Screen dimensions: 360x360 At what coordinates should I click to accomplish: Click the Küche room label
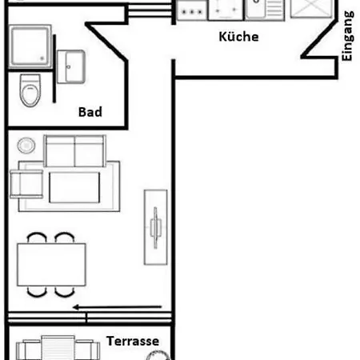pos(238,37)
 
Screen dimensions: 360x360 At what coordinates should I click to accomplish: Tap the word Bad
pos(90,112)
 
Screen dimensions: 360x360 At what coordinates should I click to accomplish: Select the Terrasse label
pos(133,341)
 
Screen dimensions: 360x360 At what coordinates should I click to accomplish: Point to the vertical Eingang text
pos(347,36)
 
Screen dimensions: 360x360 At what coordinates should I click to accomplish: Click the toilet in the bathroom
pos(30,90)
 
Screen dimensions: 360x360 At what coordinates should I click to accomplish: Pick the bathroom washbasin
pos(71,66)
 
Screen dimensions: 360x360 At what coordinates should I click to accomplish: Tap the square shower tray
pos(30,46)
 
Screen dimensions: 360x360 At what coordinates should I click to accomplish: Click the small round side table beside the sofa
pos(26,146)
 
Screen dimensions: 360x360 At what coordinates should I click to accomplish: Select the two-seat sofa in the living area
pos(75,151)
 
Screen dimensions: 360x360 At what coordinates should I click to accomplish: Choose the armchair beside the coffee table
pos(26,184)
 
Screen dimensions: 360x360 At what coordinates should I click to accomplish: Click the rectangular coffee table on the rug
pos(74,187)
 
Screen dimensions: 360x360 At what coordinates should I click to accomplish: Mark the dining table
pos(51,265)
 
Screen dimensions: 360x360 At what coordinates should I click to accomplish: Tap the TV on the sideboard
pos(155,227)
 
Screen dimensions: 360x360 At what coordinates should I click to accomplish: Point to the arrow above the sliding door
pos(118,307)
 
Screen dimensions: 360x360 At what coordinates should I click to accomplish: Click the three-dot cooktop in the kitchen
pos(192,10)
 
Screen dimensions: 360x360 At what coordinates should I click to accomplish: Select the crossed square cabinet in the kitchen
pos(312,9)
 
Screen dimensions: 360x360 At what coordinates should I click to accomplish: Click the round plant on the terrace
pos(158,355)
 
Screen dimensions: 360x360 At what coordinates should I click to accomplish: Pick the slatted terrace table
pos(58,348)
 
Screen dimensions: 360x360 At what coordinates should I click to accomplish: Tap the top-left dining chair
pos(37,238)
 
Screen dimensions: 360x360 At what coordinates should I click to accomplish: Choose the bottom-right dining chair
pos(65,292)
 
